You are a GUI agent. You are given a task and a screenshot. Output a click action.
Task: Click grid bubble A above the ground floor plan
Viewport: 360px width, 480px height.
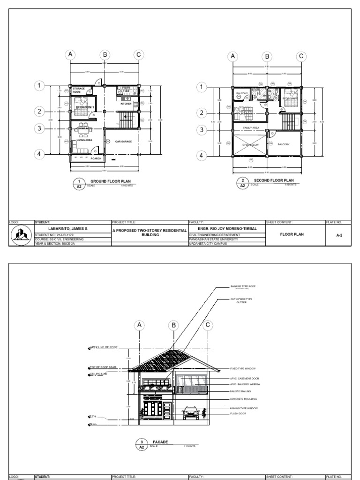tap(70, 55)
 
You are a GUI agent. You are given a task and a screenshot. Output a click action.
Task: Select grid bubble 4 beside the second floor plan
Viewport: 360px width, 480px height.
tap(202, 155)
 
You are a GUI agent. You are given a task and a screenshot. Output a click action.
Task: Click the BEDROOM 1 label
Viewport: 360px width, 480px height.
tap(85, 107)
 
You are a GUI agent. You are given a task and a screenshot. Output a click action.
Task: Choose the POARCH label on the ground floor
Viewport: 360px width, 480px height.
tap(96, 158)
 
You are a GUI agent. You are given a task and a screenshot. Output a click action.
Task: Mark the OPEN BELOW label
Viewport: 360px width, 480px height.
tap(251, 145)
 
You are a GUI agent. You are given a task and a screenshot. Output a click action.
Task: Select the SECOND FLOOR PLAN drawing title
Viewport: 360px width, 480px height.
tap(274, 180)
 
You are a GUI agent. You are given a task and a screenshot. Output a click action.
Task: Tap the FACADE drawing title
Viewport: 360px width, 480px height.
tap(160, 442)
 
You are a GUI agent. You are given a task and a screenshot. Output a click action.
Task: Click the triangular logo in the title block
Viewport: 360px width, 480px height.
tap(22, 235)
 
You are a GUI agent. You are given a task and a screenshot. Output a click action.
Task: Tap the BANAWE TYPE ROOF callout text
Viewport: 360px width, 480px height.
tap(242, 285)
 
